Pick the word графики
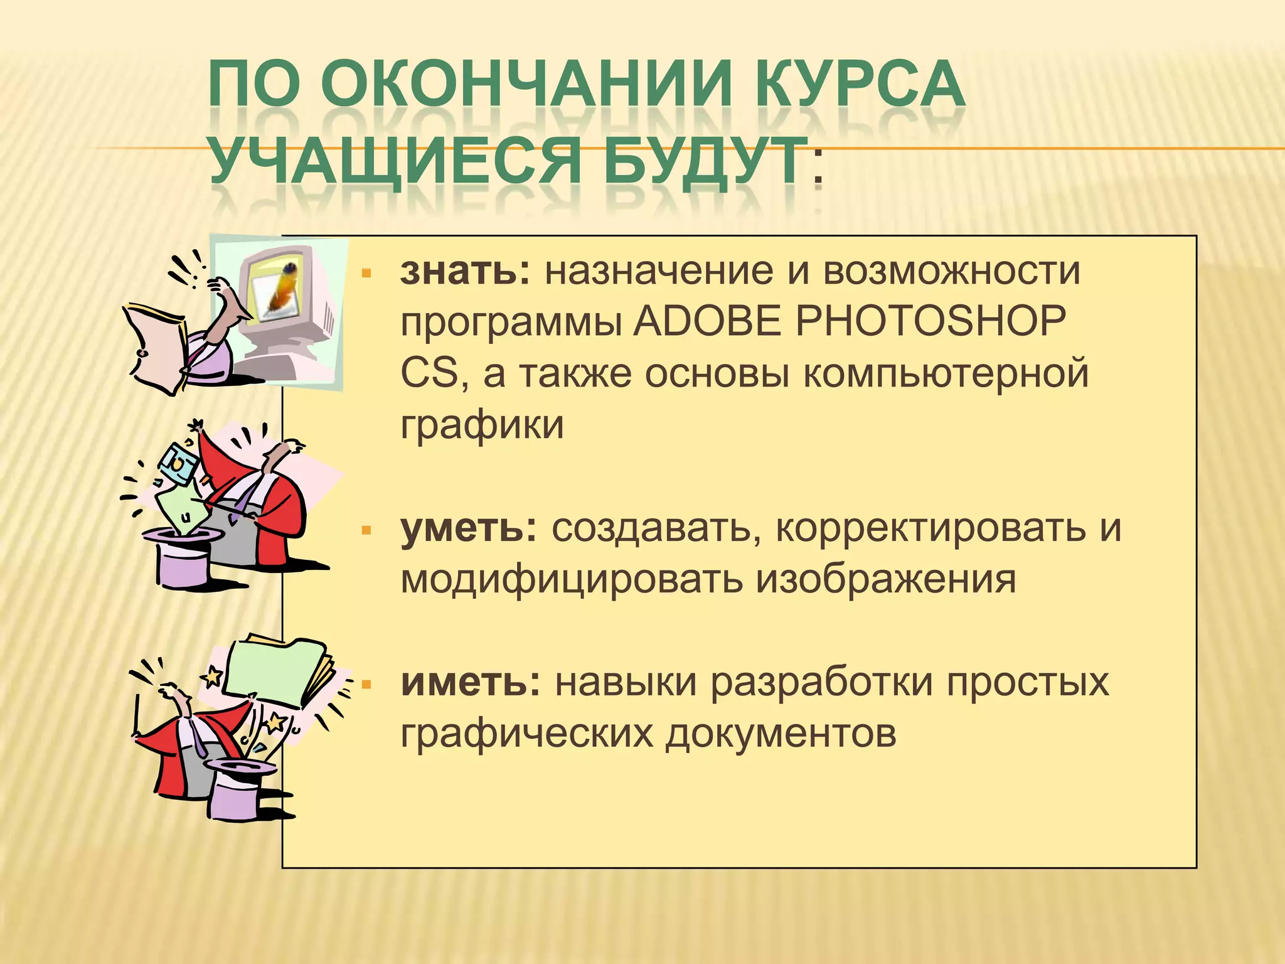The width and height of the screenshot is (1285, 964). [x=482, y=425]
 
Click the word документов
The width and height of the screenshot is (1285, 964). [x=781, y=733]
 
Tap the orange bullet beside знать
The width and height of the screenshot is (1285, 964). [x=367, y=274]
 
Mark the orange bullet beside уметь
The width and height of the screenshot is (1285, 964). [x=367, y=531]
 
